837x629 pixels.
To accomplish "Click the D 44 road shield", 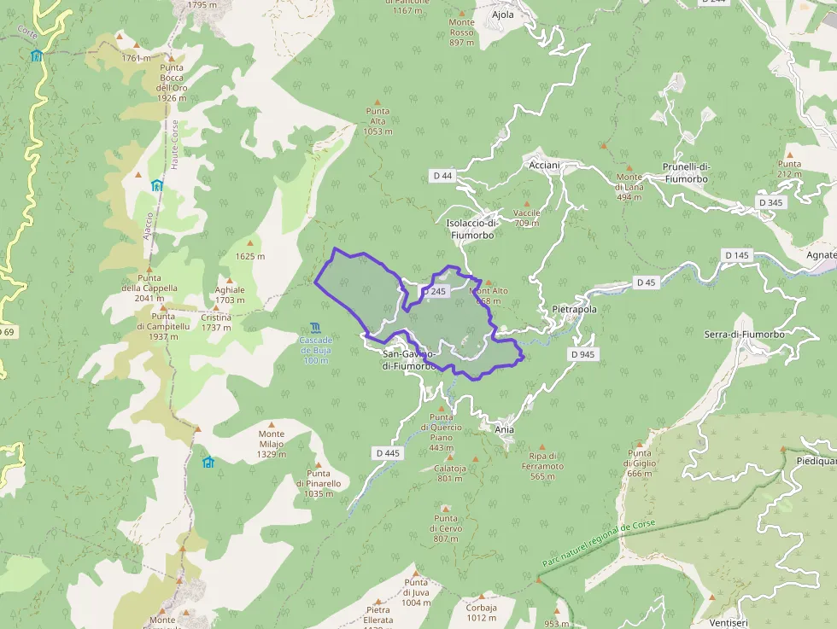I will pyautogui.click(x=442, y=176).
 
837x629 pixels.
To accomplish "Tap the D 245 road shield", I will pyautogui.click(x=434, y=292).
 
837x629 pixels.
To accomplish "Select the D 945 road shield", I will pyautogui.click(x=582, y=353).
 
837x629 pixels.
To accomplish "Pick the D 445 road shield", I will pyautogui.click(x=387, y=452).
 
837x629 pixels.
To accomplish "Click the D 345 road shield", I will pyautogui.click(x=770, y=202).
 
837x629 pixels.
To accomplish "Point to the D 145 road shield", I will pyautogui.click(x=736, y=255).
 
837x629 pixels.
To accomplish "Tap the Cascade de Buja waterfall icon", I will pyautogui.click(x=316, y=329).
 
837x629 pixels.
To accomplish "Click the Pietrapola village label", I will pyautogui.click(x=575, y=309).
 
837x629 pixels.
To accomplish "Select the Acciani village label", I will pyautogui.click(x=544, y=164).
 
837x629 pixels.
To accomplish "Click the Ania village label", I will pyautogui.click(x=505, y=429).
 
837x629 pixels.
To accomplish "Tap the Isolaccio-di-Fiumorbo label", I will pyautogui.click(x=471, y=229).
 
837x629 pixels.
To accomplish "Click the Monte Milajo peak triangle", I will pyautogui.click(x=272, y=423).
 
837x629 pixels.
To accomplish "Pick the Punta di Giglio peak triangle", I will pyautogui.click(x=639, y=442).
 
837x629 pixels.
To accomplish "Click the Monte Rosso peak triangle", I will pyautogui.click(x=461, y=14).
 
